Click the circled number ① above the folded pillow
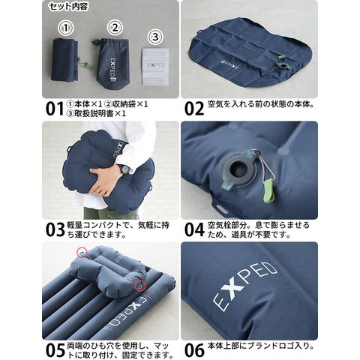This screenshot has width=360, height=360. pyautogui.click(x=66, y=28)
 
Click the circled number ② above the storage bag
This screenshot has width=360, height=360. pyautogui.click(x=115, y=28)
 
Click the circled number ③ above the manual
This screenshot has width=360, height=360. pyautogui.click(x=155, y=37)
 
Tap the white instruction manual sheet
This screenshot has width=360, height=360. pyautogui.click(x=155, y=67)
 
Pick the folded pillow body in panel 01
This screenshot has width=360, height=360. pyautogui.click(x=65, y=59)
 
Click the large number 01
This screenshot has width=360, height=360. pyautogui.click(x=55, y=109)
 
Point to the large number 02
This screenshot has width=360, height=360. pyautogui.click(x=194, y=109)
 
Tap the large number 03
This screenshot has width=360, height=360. pyautogui.click(x=55, y=229)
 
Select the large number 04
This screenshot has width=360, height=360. pyautogui.click(x=194, y=229)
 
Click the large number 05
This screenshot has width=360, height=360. pyautogui.click(x=55, y=350)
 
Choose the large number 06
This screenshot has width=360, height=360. pyautogui.click(x=194, y=350)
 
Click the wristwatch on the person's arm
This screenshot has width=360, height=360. pyautogui.click(x=124, y=169)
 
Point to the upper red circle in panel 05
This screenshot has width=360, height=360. pyautogui.click(x=82, y=252)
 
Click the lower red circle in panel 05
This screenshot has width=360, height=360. pyautogui.click(x=139, y=286)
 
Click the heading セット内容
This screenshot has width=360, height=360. pyautogui.click(x=68, y=7)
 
